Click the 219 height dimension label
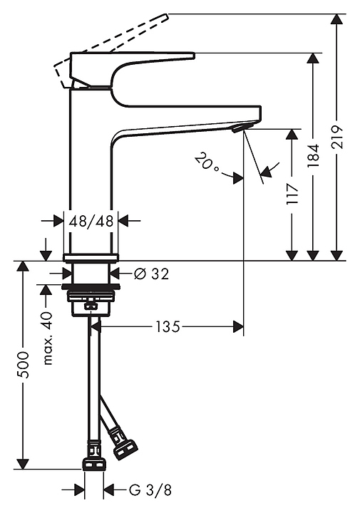[337, 137]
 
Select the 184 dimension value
[314, 156]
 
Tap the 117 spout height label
[292, 194]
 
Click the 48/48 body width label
[91, 222]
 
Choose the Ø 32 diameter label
[152, 274]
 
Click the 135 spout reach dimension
[168, 326]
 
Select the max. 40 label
[48, 338]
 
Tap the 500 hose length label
[24, 365]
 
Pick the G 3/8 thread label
[150, 489]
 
